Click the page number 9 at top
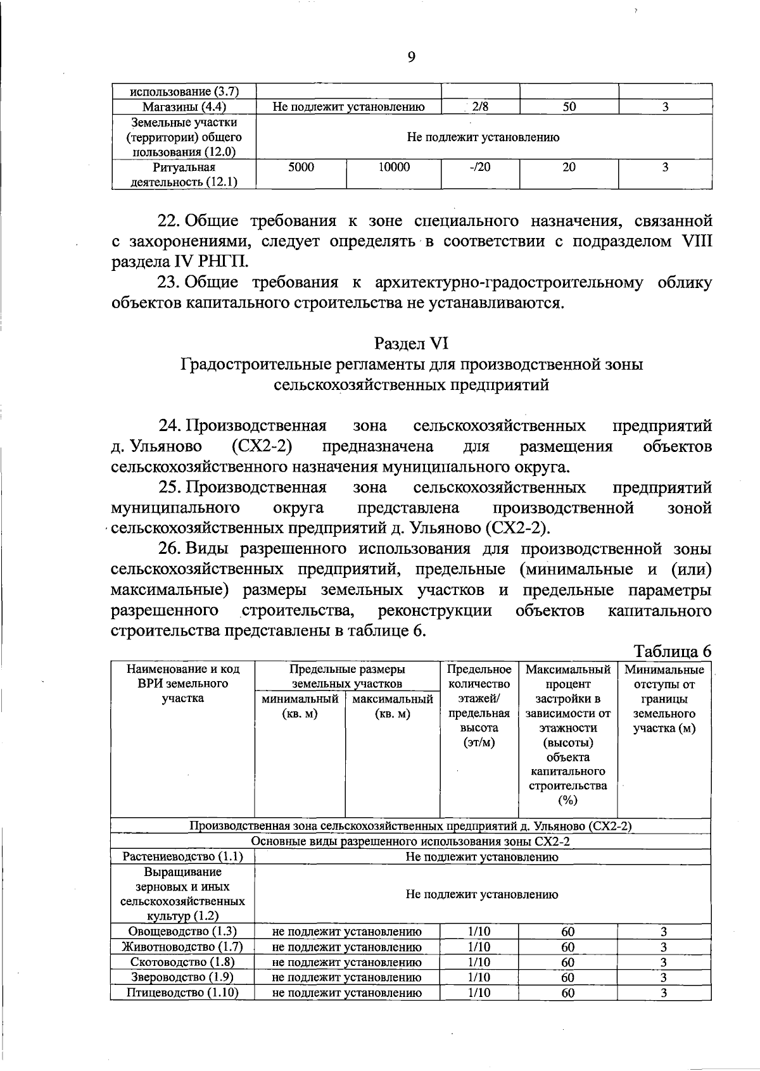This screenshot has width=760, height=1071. click(x=411, y=58)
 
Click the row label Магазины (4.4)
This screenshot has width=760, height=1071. click(x=184, y=107)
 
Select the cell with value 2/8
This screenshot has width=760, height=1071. click(x=480, y=107)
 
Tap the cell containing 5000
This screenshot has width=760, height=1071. click(x=301, y=168)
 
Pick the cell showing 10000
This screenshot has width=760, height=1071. click(x=394, y=168)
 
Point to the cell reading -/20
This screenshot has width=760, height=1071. click(x=480, y=168)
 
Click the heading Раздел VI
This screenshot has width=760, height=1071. click(x=411, y=343)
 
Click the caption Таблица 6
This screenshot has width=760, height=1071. click(x=673, y=651)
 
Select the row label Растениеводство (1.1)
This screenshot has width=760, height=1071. click(x=182, y=857)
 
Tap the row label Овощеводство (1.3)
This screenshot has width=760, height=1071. click(x=182, y=931)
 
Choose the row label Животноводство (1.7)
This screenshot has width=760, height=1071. click(x=182, y=947)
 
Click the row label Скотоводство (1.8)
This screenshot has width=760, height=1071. click(x=182, y=962)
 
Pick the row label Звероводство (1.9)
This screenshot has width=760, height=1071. click(x=182, y=977)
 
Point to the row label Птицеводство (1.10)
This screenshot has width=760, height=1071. click(x=182, y=993)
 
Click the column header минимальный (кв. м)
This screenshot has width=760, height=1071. click(x=300, y=706)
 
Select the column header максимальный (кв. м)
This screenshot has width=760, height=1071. click(x=393, y=706)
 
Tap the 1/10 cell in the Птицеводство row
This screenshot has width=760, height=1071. click(x=479, y=993)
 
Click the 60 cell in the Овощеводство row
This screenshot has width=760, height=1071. click(x=568, y=932)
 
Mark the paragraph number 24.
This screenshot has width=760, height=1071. click(x=170, y=425)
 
